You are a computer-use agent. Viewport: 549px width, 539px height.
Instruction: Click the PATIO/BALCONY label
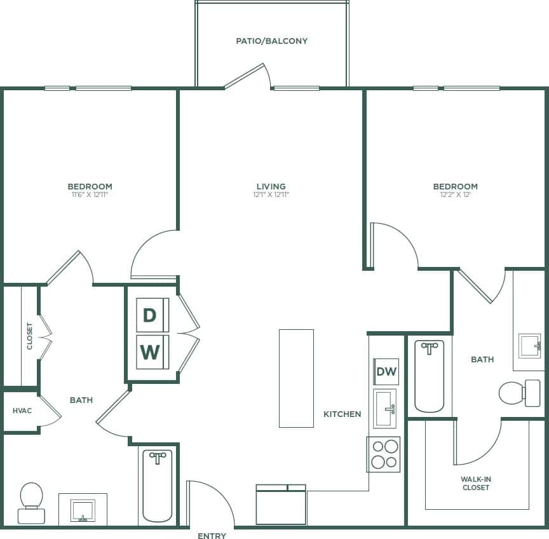point(271,41)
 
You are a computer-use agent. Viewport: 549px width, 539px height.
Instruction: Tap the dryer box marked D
point(150,315)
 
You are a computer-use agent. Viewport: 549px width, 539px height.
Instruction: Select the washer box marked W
point(150,351)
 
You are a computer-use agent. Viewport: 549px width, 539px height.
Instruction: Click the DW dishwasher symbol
point(386,372)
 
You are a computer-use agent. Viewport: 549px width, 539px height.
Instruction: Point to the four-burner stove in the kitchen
point(384,454)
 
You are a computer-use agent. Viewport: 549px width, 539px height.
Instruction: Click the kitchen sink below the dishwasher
point(384,409)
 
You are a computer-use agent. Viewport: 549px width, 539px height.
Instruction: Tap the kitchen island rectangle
point(296,378)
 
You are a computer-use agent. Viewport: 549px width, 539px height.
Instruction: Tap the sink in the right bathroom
point(529,346)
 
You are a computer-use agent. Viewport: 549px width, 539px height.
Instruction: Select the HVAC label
point(22,411)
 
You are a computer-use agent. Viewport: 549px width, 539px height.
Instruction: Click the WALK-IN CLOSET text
point(476,483)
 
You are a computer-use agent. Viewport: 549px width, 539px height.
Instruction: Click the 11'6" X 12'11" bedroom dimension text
point(90,194)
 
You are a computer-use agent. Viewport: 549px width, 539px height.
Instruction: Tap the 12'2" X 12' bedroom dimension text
point(455,194)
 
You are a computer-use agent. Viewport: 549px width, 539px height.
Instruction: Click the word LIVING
point(271,186)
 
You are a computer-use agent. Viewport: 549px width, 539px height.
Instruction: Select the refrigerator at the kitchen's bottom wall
point(281,505)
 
